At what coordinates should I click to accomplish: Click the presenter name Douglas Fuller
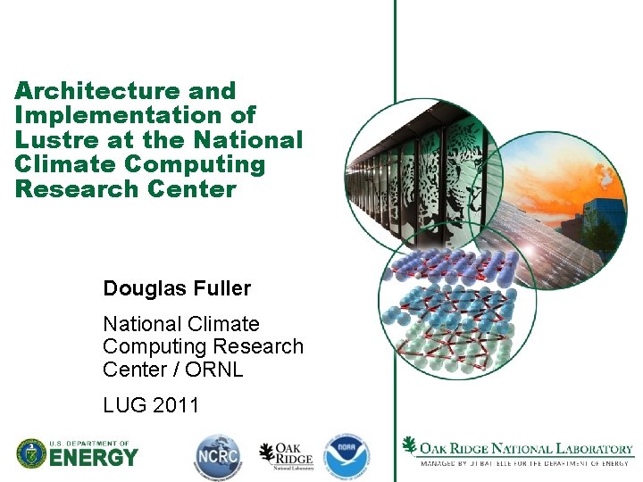[177, 288]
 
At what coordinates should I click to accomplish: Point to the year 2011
[176, 405]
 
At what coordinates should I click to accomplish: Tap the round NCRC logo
[218, 456]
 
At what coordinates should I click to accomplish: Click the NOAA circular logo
[346, 456]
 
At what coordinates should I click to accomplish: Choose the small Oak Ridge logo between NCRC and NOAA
[286, 456]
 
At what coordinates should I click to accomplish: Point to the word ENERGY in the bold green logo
[93, 459]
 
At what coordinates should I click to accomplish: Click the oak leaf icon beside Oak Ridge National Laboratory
[410, 446]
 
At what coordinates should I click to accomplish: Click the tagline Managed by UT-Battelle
[526, 463]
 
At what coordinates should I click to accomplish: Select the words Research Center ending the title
[125, 189]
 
